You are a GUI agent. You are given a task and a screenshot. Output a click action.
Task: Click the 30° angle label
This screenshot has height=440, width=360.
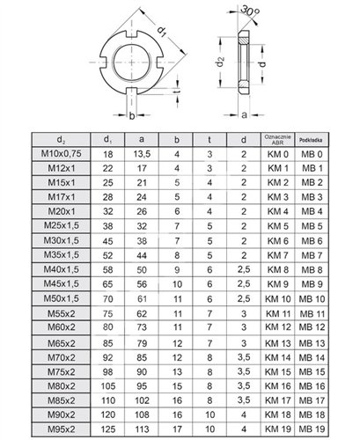pos(250,11)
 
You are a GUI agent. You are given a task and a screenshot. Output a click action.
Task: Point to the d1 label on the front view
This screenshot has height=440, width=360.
pos(162,31)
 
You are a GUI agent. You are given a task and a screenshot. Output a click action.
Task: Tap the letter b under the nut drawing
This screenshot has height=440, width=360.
pos(132,116)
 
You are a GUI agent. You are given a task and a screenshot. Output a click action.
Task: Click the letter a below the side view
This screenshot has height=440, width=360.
pos(244,115)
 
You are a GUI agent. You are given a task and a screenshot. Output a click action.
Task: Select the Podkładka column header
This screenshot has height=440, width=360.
pos(311,140)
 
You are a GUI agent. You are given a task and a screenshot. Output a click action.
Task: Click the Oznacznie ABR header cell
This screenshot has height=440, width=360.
pos(277,140)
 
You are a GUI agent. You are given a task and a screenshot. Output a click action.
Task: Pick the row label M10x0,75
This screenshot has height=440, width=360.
pos(61,153)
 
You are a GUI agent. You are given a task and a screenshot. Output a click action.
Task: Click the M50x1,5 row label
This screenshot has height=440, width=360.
pos(62,298)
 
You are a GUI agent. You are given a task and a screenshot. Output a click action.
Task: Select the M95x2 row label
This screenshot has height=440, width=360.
pos(62,429)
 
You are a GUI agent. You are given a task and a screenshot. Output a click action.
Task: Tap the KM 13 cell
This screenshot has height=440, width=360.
pos(278,343)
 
